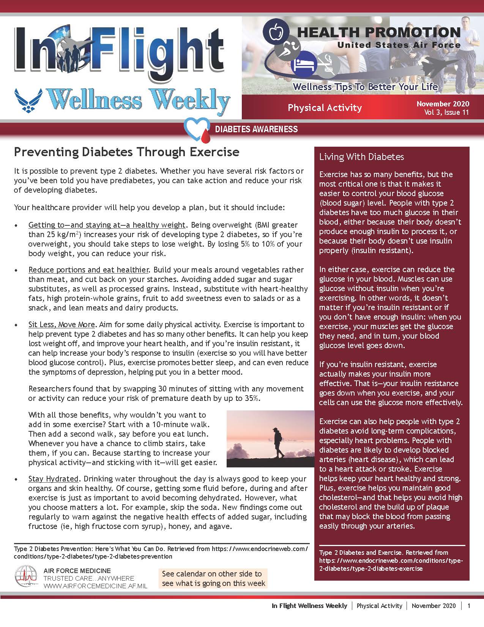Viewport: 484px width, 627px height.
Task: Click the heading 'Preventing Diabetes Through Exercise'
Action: point(126,152)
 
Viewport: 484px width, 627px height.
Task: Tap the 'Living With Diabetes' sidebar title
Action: point(361,157)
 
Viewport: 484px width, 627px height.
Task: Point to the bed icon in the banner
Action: point(304,63)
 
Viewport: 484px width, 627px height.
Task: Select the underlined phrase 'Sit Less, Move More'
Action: point(61,325)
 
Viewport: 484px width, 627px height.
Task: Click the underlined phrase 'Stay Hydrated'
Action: point(53,479)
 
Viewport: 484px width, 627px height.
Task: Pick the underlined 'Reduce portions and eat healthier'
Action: point(88,270)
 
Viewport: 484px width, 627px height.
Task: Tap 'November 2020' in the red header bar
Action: point(443,104)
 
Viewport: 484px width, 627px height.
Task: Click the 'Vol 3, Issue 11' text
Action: point(447,112)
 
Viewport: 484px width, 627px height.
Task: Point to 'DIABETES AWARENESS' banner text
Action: point(256,129)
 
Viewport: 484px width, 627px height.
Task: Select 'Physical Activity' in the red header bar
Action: point(325,108)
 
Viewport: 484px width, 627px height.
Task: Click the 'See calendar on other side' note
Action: point(213,578)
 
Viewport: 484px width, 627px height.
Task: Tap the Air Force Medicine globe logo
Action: point(27,577)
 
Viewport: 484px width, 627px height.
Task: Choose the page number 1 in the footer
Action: point(469,606)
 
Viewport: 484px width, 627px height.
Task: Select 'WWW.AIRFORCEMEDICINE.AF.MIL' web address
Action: point(95,586)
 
